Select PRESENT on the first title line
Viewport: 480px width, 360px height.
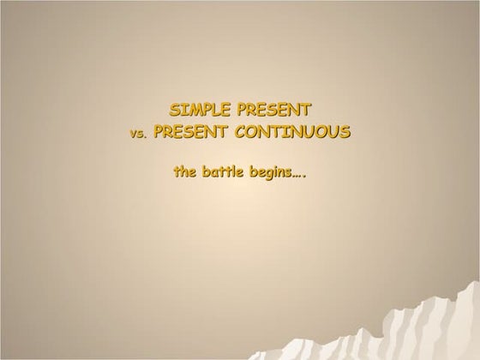pos(274,110)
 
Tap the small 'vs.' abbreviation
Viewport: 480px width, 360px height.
pos(138,134)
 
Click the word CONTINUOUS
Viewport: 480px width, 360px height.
pos(293,132)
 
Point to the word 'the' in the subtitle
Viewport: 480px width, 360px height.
pos(184,171)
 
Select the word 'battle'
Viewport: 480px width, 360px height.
pos(223,171)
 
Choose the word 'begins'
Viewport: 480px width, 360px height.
pos(271,173)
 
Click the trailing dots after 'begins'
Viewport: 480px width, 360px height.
pos(299,176)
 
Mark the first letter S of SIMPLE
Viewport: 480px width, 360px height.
pos(175,110)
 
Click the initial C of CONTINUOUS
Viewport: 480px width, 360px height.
pos(241,132)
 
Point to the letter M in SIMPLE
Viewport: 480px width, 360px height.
pos(192,110)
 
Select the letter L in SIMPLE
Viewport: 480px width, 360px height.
pos(216,110)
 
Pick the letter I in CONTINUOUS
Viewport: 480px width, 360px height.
pos(287,132)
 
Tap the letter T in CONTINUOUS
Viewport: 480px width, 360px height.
pos(278,132)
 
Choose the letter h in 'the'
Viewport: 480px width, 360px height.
pos(184,171)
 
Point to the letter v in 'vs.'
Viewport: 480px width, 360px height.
pos(133,135)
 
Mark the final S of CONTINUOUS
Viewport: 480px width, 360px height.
pos(345,132)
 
